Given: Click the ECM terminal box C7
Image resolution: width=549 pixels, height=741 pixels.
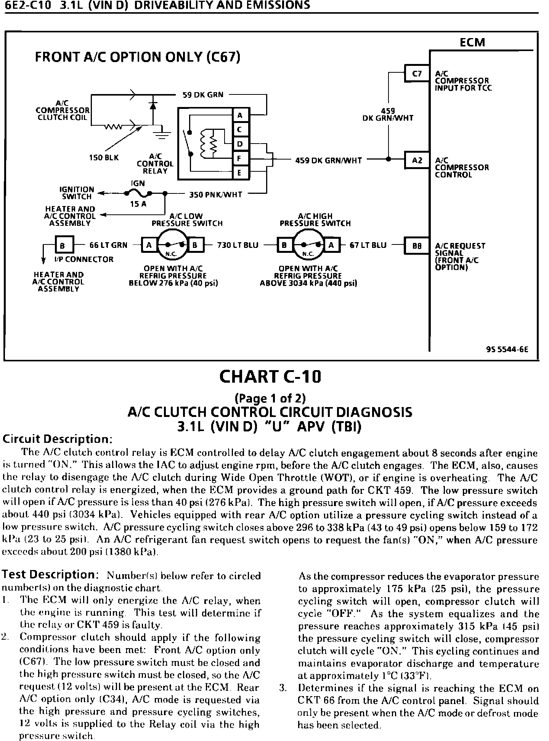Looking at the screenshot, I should click(x=417, y=74).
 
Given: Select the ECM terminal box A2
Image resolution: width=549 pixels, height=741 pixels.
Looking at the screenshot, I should click(x=417, y=161).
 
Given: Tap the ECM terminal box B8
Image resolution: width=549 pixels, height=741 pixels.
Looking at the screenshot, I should click(x=417, y=246).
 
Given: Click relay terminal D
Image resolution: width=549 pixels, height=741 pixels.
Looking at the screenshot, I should click(x=240, y=144).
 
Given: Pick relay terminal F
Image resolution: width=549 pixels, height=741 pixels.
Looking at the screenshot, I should click(x=240, y=158).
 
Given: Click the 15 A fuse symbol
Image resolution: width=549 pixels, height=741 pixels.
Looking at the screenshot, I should click(x=138, y=194).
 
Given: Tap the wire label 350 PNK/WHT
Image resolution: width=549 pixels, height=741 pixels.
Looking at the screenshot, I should click(x=215, y=195).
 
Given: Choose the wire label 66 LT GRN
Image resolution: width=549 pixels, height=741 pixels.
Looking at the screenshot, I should click(x=108, y=245).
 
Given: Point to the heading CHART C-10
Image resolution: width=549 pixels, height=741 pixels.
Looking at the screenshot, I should click(x=270, y=377).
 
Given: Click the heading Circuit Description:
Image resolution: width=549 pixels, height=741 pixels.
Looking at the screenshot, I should click(x=57, y=439).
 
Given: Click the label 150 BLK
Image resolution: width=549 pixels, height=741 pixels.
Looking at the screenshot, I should click(x=104, y=157).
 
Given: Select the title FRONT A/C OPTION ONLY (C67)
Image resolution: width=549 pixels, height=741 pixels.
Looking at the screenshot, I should click(x=138, y=57).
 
